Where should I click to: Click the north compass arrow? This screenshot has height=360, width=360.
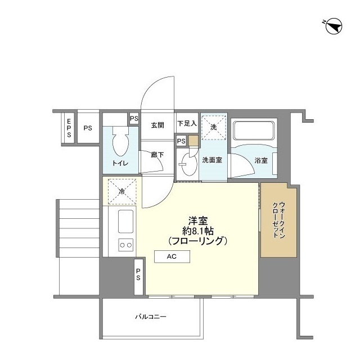334,26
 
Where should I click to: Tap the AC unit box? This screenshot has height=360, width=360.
172,256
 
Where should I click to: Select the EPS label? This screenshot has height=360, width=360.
69,128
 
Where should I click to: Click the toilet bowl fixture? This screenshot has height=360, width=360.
120,141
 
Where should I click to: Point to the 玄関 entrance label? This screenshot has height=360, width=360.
157,125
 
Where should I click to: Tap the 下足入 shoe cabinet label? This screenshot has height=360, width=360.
187,124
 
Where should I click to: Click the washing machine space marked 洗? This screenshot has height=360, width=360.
214,128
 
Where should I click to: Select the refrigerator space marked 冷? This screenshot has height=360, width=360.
122,191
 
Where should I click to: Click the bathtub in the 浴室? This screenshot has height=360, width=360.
254,131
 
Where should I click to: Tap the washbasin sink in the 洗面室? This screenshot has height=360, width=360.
190,163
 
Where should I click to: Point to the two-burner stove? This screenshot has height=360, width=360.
126,245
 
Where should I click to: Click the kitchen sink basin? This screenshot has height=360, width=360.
126,221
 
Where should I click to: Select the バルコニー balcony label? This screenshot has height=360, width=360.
151,317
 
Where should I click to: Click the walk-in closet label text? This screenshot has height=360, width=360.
278,220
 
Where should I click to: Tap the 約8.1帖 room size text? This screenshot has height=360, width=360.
198,231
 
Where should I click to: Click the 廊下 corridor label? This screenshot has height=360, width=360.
157,155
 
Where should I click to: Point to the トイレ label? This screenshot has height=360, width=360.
120,163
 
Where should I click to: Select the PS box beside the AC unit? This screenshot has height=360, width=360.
138,276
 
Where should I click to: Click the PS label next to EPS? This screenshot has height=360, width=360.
88,128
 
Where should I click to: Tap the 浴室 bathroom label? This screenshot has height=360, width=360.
261,160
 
